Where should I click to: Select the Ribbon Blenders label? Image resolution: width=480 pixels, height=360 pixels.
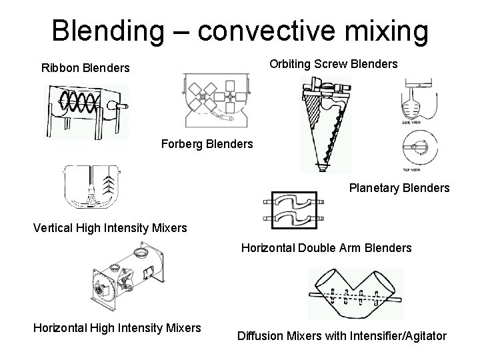pyautogui.click(x=85, y=68)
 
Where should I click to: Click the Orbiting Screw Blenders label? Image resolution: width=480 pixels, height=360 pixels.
pyautogui.click(x=333, y=64)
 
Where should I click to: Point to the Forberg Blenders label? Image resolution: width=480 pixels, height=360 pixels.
pyautogui.click(x=207, y=143)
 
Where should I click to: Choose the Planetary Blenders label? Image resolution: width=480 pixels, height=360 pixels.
pyautogui.click(x=399, y=188)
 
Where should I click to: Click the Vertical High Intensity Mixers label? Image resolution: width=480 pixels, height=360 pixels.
pyautogui.click(x=110, y=228)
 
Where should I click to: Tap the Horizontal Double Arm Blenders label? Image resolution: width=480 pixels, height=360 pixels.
pyautogui.click(x=326, y=248)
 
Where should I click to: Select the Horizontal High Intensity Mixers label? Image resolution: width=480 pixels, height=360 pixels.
pyautogui.click(x=117, y=327)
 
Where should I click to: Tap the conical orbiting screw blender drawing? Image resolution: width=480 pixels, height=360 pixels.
pyautogui.click(x=325, y=123)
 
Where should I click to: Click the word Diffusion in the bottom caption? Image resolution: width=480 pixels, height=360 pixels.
pyautogui.click(x=263, y=336)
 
